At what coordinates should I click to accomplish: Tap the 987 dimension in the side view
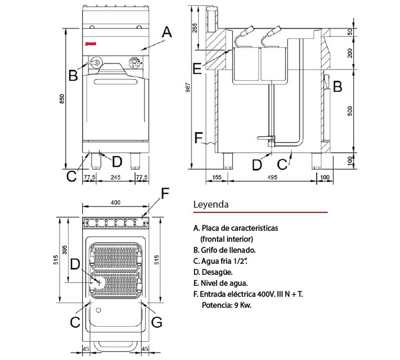(188, 87)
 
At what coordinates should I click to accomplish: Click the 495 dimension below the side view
(272, 177)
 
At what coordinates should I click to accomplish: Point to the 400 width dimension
(115, 203)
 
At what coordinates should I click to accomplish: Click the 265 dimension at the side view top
(195, 28)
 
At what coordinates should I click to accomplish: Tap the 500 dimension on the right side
(350, 111)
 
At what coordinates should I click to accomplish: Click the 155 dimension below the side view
(217, 177)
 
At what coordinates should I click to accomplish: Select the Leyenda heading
(211, 204)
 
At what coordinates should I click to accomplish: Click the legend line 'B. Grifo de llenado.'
(224, 250)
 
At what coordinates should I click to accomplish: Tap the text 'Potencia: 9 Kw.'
(227, 305)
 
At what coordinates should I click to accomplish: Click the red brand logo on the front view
(90, 43)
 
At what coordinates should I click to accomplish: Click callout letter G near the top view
(157, 322)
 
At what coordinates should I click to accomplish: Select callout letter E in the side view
(197, 69)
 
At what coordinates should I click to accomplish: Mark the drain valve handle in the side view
(265, 138)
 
